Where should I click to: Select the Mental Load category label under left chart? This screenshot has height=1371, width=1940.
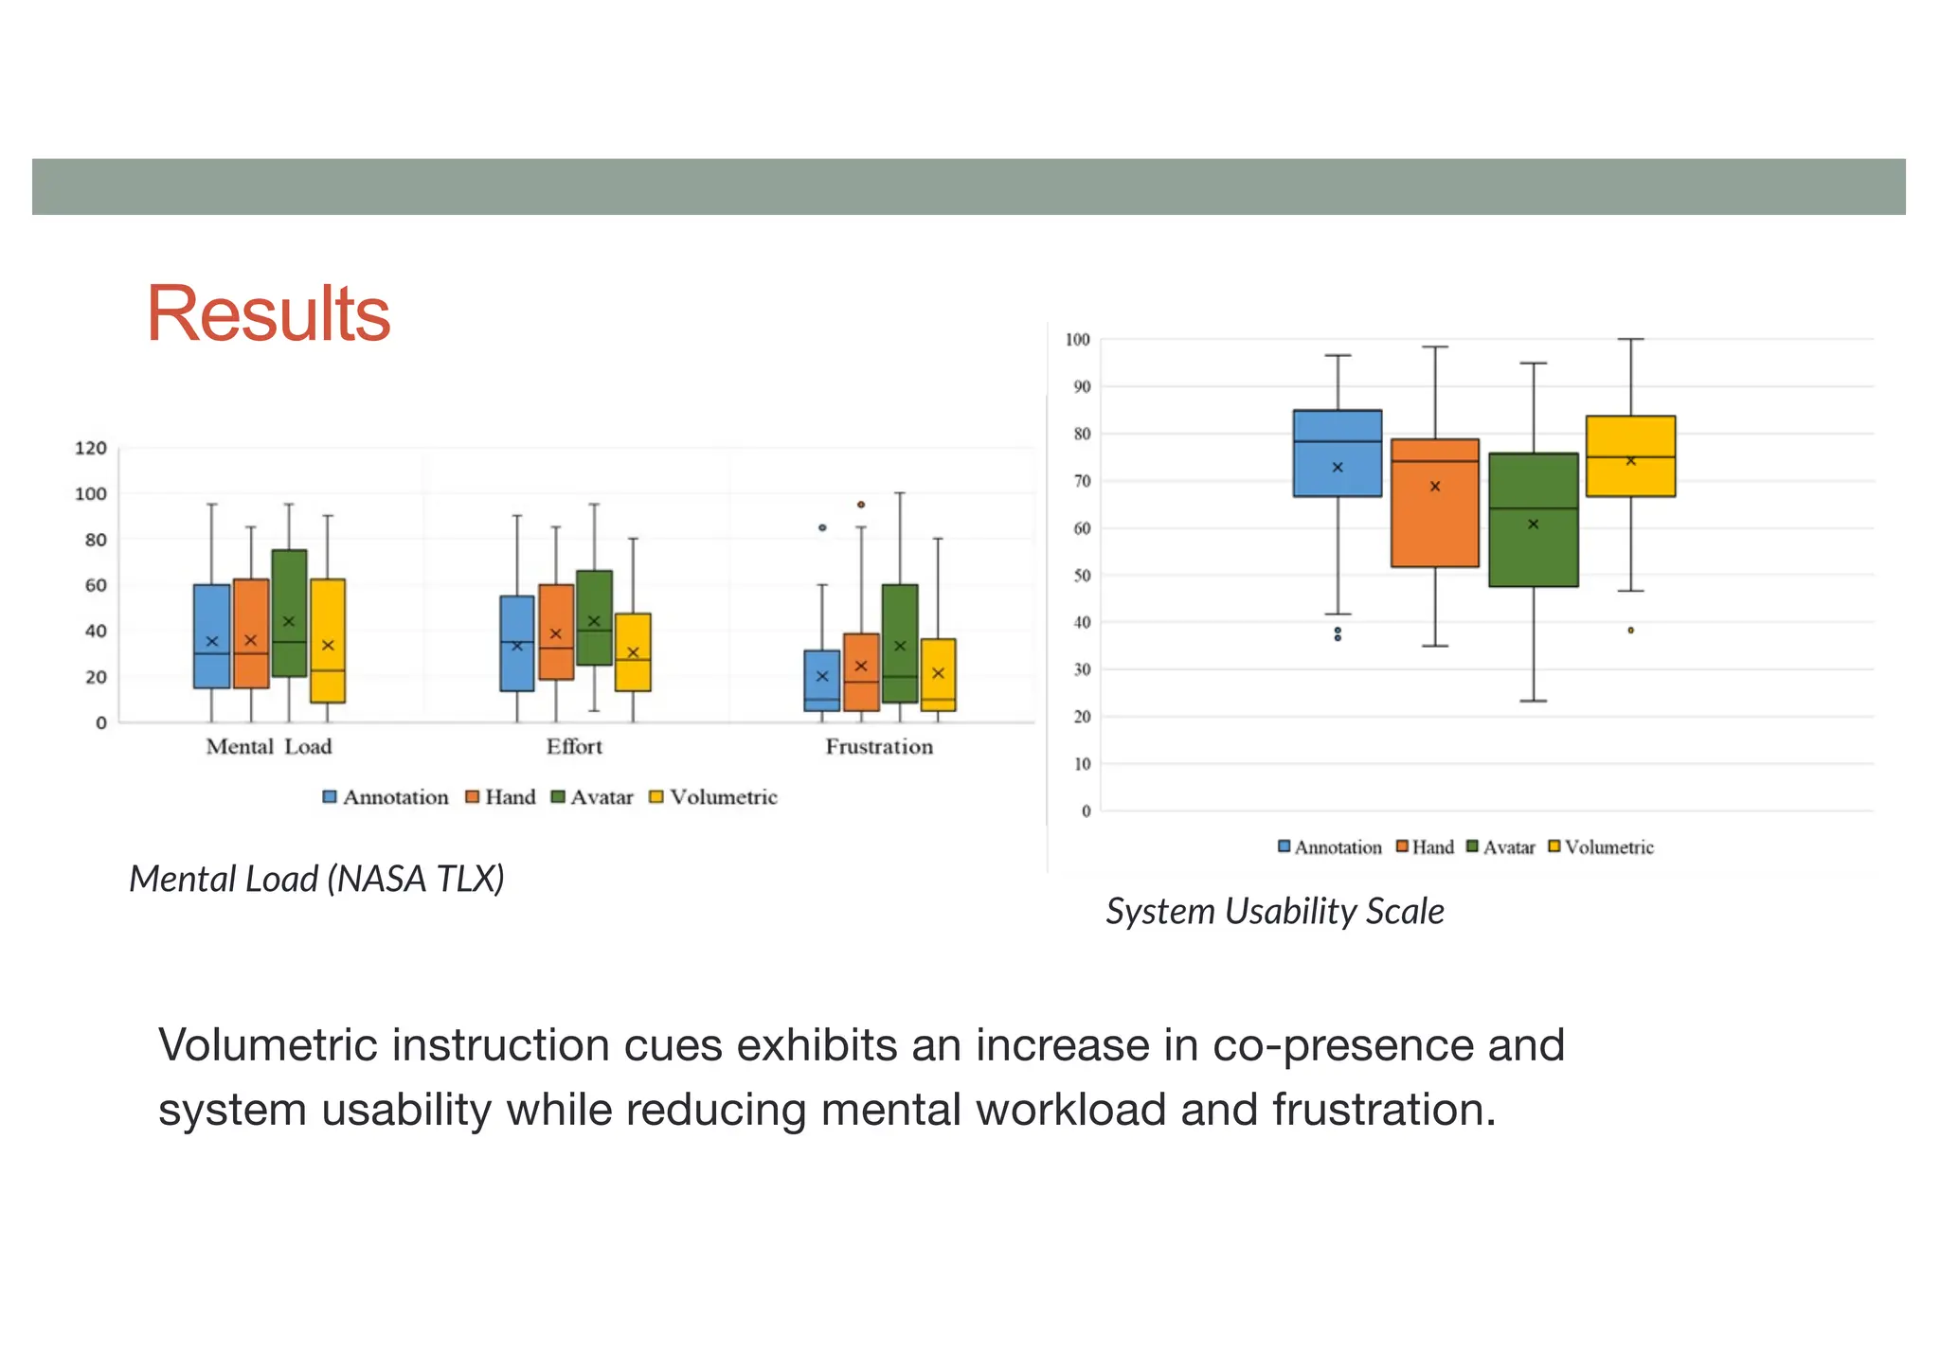click(x=269, y=747)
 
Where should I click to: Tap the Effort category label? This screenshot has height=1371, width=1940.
click(x=574, y=747)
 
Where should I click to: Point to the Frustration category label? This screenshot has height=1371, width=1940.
click(x=879, y=747)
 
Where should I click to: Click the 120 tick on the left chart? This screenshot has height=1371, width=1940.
click(x=91, y=448)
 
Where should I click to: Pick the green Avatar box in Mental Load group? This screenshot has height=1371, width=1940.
click(x=289, y=613)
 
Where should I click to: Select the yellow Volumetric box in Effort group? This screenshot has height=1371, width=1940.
click(x=633, y=652)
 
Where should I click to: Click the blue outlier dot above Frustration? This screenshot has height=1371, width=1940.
click(x=822, y=527)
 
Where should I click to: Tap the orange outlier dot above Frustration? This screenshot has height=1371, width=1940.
click(x=861, y=505)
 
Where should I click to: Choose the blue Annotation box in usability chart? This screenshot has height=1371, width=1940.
click(x=1338, y=453)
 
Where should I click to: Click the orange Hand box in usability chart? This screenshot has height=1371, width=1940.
click(x=1435, y=503)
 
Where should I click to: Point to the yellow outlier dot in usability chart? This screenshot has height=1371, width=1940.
click(x=1631, y=630)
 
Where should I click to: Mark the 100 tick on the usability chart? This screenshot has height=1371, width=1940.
click(x=1078, y=339)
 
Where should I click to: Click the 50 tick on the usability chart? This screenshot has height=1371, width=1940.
click(x=1082, y=576)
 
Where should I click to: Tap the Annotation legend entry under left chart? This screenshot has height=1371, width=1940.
click(x=386, y=797)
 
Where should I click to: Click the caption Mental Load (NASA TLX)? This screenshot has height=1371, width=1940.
click(x=316, y=879)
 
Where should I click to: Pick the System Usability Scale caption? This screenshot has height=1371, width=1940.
click(x=1275, y=911)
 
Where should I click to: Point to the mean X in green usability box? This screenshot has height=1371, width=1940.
click(x=1534, y=524)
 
